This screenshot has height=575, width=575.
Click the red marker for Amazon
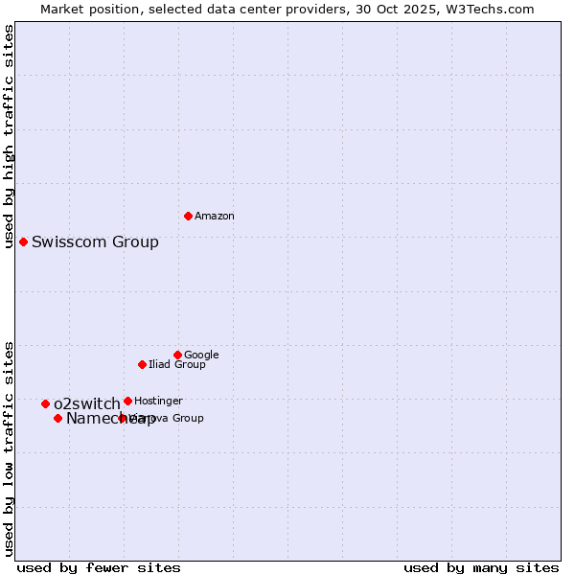188,216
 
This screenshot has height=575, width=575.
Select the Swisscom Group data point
23,241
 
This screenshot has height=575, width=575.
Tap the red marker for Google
177,355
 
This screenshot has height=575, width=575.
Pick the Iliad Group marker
142,364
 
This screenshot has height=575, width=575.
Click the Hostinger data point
127,401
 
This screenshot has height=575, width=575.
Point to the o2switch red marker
45,403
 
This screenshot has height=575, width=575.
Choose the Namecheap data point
57,418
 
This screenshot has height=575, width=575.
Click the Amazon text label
215,217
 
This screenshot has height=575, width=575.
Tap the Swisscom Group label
95,241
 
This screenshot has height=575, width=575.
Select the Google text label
201,355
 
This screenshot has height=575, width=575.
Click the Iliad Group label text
177,364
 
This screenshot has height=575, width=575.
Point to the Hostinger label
158,401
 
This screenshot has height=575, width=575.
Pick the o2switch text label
87,403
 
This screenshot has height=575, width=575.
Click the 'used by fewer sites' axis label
99,567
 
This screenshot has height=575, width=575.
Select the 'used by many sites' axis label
481,567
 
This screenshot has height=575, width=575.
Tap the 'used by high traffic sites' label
9,136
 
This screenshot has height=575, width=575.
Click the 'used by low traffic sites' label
9,448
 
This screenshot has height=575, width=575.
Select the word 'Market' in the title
62,9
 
